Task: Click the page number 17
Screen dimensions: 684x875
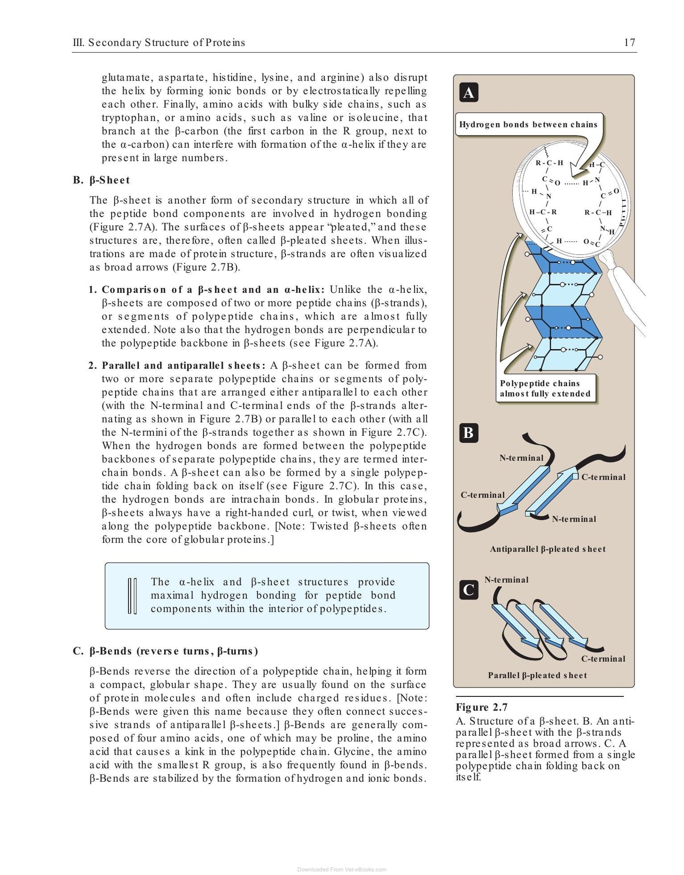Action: [630, 43]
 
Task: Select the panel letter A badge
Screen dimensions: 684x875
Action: [469, 93]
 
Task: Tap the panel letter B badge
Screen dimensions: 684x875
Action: [469, 433]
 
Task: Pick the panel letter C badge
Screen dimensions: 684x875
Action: [469, 590]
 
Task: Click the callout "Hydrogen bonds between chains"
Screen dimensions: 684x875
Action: [528, 125]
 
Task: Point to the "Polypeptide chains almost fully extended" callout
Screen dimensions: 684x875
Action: [545, 388]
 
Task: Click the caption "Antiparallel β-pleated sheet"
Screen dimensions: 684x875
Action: [548, 549]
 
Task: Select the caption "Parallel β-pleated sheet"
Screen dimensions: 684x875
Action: [537, 676]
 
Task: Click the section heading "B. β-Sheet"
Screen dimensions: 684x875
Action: [101, 180]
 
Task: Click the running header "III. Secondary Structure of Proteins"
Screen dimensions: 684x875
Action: [159, 43]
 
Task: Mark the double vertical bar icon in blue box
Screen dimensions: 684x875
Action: [133, 596]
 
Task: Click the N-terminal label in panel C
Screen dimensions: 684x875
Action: [506, 579]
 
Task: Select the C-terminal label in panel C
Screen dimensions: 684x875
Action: [603, 659]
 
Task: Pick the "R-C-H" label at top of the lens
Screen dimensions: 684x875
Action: [549, 163]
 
